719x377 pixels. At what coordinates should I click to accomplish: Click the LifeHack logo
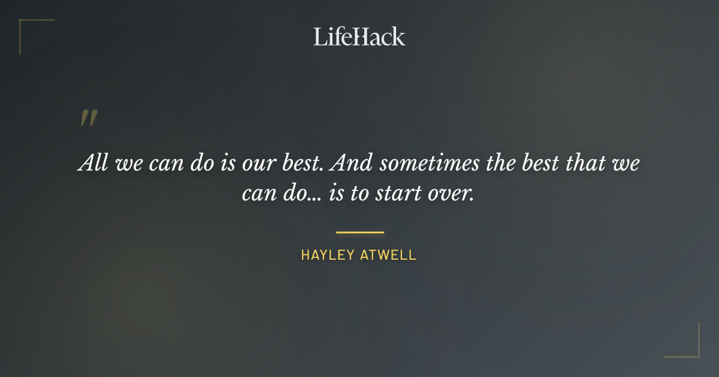(359, 37)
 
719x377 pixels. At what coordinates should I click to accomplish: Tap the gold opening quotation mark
(88, 118)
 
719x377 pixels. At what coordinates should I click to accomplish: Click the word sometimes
(422, 163)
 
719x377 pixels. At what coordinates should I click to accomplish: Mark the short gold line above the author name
(359, 232)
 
